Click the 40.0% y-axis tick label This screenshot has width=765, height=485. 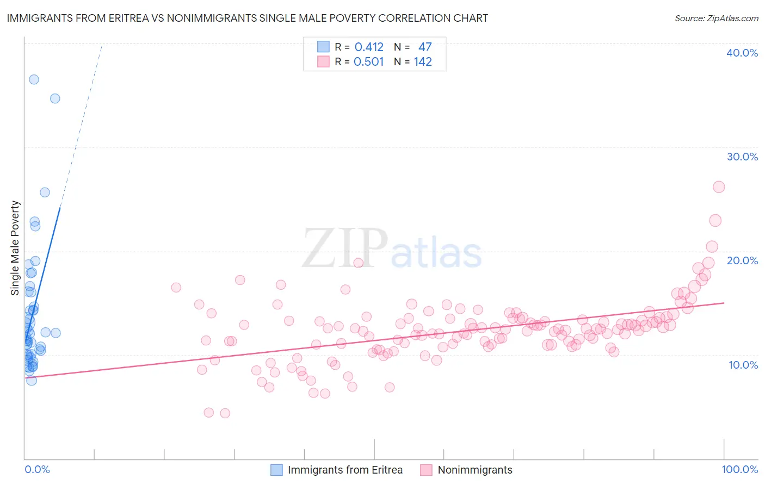(742, 53)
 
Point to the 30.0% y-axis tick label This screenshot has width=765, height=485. (742, 157)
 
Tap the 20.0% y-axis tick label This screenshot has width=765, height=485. (742, 260)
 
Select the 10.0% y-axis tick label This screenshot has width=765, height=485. (743, 365)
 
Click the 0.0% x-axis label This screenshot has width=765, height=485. (37, 469)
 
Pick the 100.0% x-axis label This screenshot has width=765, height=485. (739, 469)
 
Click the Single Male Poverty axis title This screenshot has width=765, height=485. (15, 248)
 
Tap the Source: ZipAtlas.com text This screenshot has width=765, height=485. (716, 18)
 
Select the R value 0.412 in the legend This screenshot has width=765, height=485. (369, 47)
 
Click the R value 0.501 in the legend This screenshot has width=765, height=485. (369, 62)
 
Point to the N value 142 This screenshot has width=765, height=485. (423, 62)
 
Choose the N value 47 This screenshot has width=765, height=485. (425, 47)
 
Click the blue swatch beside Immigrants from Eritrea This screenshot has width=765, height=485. (276, 470)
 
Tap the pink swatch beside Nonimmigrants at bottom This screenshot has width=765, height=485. (426, 470)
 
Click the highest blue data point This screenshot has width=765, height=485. (34, 79)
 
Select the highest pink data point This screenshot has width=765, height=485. (719, 187)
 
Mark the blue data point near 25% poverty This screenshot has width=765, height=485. (45, 192)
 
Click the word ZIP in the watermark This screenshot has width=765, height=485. (344, 248)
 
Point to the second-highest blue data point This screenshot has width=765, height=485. (55, 98)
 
